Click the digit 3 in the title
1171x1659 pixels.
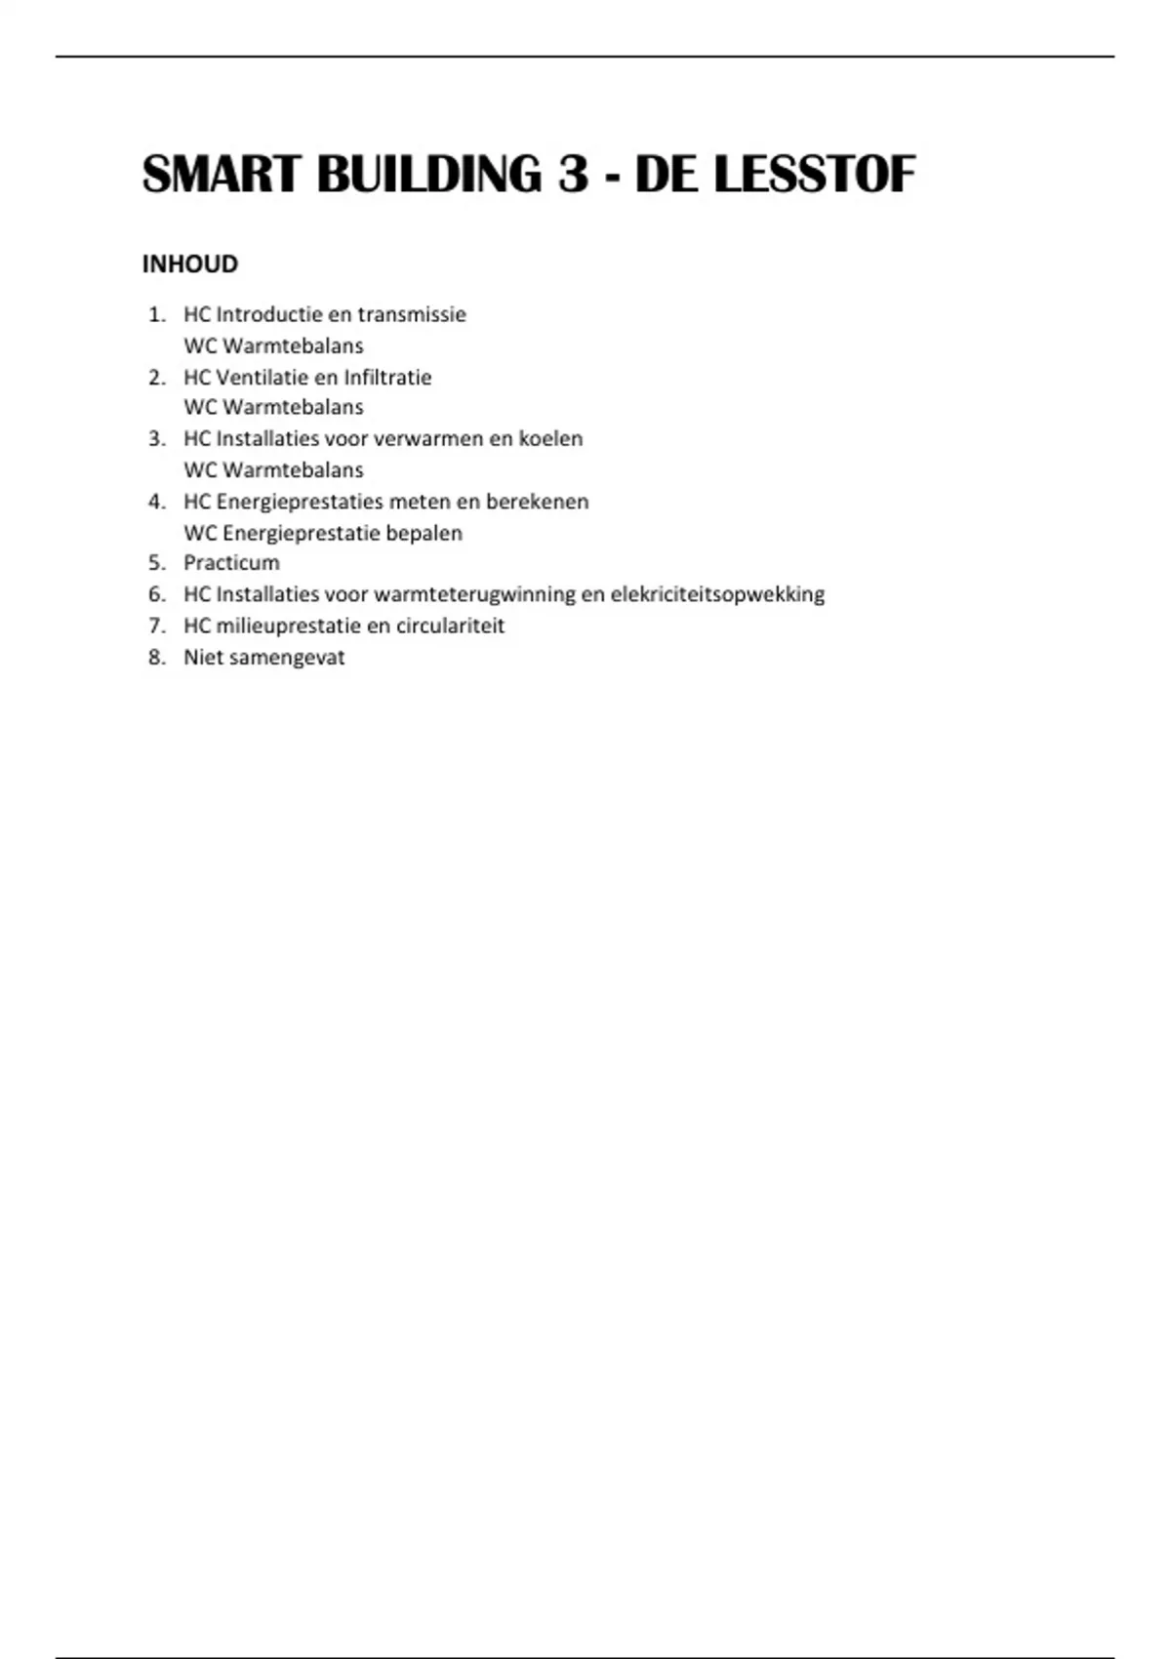[574, 176]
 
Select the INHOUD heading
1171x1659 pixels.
[190, 264]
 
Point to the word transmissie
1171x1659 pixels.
[412, 314]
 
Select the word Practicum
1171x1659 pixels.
[231, 562]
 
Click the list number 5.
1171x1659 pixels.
[156, 562]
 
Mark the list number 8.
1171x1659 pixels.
[156, 657]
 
